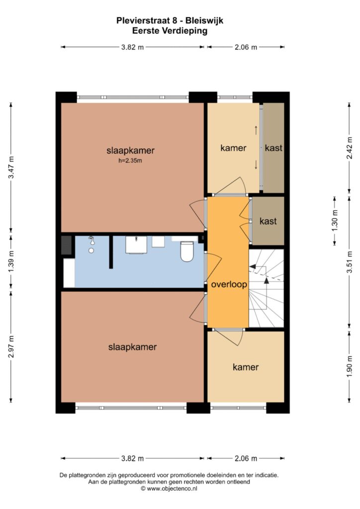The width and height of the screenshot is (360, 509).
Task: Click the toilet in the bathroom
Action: [186, 251]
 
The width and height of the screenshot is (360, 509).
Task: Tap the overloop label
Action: [229, 284]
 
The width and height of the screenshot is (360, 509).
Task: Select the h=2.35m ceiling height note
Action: [130, 161]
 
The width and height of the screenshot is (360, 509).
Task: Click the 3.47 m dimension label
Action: [11, 167]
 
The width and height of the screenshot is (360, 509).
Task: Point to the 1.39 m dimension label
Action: [11, 262]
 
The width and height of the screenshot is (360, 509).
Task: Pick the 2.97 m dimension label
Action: [11, 346]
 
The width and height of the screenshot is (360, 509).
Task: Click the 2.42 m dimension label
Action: [349, 148]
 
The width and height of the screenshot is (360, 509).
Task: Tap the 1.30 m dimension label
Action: [335, 221]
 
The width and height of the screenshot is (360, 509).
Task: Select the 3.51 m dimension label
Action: [349, 262]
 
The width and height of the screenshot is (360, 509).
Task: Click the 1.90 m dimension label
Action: [349, 366]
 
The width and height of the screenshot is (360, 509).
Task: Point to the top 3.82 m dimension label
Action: [132, 47]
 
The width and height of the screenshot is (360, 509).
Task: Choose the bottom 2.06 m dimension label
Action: [246, 458]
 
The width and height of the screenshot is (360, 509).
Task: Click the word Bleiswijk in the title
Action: [204, 21]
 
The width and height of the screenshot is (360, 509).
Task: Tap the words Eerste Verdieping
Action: [170, 31]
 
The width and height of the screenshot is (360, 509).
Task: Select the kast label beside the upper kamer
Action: [273, 148]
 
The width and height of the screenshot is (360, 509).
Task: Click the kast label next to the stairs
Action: [268, 221]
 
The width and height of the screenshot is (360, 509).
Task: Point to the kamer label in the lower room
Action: [246, 367]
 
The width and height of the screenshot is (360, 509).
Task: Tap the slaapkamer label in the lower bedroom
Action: [132, 347]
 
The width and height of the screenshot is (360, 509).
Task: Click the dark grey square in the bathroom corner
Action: [66, 246]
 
